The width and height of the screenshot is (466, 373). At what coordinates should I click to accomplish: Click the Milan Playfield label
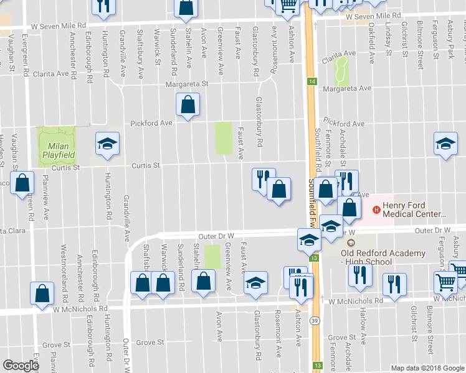57,150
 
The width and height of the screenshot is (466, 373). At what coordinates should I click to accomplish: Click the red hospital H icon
376,208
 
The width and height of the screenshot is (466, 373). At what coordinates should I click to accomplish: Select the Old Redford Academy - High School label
383,257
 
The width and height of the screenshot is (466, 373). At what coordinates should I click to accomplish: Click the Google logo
21,366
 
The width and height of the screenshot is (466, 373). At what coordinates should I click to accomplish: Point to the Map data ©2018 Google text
427,368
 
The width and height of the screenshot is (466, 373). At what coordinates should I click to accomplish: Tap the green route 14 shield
311,81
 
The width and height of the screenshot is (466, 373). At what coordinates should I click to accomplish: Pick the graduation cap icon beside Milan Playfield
107,144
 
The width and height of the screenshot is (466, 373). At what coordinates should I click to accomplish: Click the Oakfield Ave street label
371,45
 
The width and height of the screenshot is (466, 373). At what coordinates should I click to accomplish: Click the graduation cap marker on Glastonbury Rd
255,283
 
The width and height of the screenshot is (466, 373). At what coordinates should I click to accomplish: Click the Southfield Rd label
318,150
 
